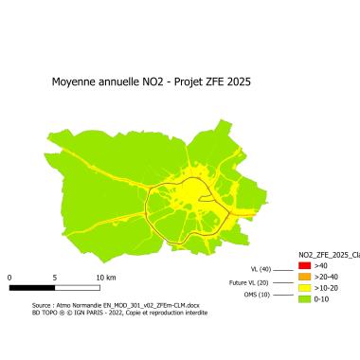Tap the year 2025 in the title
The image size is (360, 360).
tap(238, 81)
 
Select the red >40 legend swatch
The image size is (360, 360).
tap(304, 267)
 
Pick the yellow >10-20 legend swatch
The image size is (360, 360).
tap(304, 287)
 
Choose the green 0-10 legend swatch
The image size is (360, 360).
tap(304, 297)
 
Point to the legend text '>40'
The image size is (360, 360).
tap(320, 267)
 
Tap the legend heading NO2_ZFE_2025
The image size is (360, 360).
tap(322, 256)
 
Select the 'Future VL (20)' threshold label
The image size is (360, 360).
tap(249, 282)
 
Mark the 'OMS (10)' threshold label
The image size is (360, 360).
tap(257, 296)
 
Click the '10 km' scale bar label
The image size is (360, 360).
tap(105, 277)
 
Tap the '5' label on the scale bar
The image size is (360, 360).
tap(55, 277)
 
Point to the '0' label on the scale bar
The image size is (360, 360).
tap(9, 277)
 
